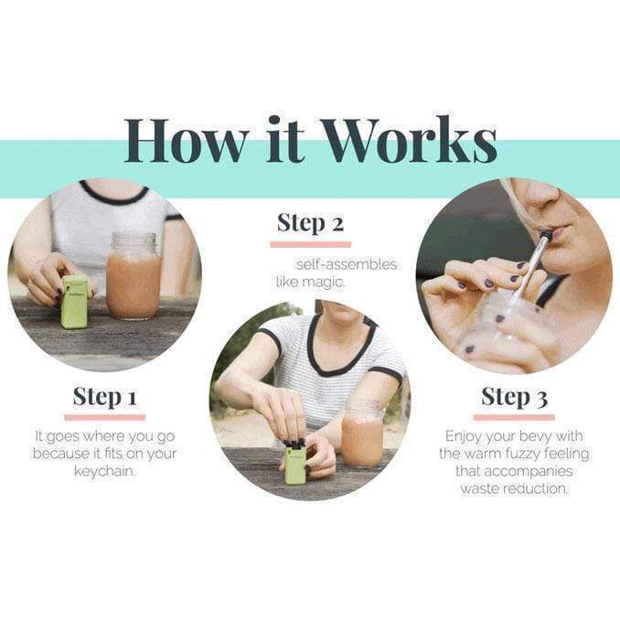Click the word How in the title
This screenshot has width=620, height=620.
point(187,140)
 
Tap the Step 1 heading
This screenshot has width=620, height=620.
point(105,397)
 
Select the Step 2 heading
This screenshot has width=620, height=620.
point(310,222)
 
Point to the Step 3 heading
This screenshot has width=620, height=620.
point(515,397)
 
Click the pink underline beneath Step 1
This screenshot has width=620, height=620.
point(105,418)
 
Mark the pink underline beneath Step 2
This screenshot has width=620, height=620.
point(311,244)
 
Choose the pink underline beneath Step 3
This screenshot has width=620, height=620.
point(514,418)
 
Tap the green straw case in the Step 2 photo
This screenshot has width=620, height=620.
point(295,464)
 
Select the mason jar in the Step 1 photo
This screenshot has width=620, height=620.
point(134,275)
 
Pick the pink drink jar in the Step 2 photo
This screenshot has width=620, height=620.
point(361,434)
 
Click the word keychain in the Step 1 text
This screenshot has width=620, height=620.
point(103,471)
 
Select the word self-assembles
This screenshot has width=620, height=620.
point(347,264)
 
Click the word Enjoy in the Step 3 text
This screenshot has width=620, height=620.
point(463,436)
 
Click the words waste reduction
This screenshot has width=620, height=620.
point(514,488)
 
